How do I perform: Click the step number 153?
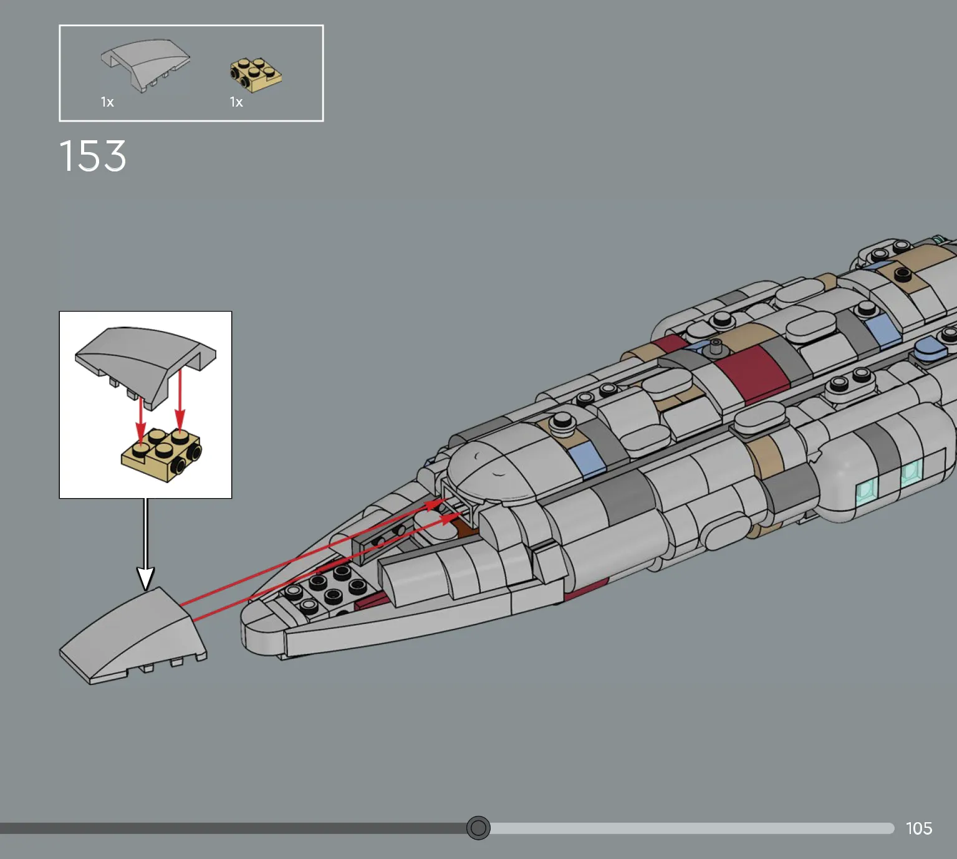click(x=93, y=155)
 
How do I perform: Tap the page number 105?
click(x=919, y=828)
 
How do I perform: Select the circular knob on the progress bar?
click(x=478, y=828)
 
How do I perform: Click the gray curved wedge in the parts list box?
click(x=145, y=65)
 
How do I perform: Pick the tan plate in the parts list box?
click(x=256, y=75)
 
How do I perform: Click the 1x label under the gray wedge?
click(x=107, y=102)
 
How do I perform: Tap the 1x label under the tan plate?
click(x=236, y=102)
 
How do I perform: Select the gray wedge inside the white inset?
click(x=145, y=362)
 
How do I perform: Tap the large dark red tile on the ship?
click(x=751, y=375)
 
